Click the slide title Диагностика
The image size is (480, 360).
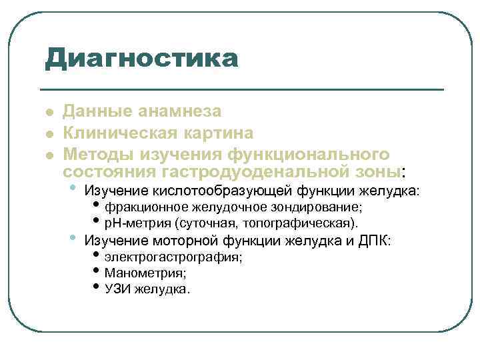141,58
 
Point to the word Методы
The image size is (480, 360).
97,155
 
